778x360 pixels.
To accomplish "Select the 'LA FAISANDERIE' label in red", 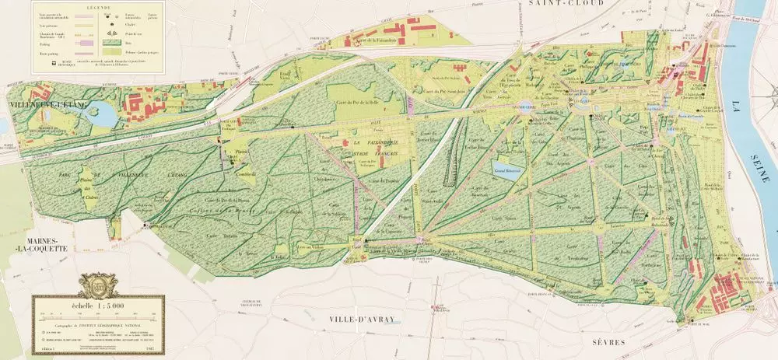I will (x=370, y=144).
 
